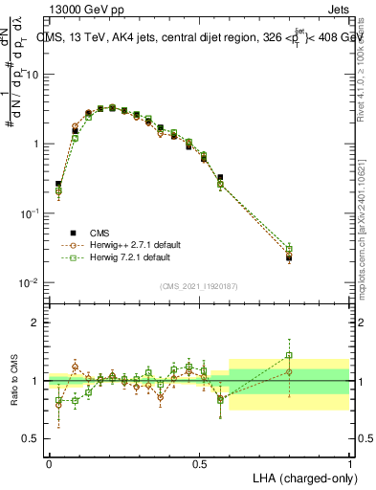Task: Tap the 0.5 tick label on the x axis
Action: pyautogui.click(x=200, y=463)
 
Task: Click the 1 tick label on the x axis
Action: pyautogui.click(x=350, y=463)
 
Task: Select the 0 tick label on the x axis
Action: pyautogui.click(x=49, y=463)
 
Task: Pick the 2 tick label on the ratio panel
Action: pyautogui.click(x=37, y=323)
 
